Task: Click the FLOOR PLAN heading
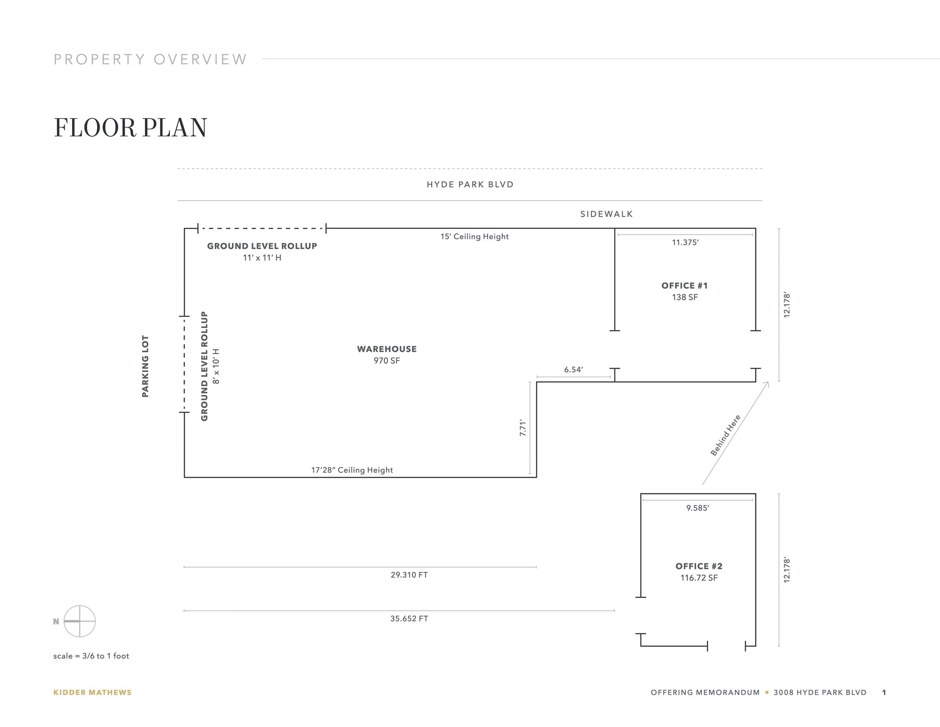point(130,127)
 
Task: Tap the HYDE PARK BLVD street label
point(470,185)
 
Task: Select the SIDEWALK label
point(606,214)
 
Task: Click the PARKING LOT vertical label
point(145,366)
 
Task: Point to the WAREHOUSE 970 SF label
point(386,355)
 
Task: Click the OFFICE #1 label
point(684,286)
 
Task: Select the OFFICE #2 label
point(699,566)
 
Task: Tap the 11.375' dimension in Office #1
point(685,242)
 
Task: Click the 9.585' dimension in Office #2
point(697,508)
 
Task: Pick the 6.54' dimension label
point(573,370)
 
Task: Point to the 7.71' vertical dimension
point(522,427)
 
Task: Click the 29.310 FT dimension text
point(409,575)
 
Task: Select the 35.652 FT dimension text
point(409,619)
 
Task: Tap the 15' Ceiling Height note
point(474,237)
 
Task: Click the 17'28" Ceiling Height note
point(352,470)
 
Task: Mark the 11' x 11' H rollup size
point(262,258)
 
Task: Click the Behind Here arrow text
point(725,435)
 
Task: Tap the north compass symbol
point(79,621)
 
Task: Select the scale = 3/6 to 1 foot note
point(91,656)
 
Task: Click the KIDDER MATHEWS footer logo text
point(92,693)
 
